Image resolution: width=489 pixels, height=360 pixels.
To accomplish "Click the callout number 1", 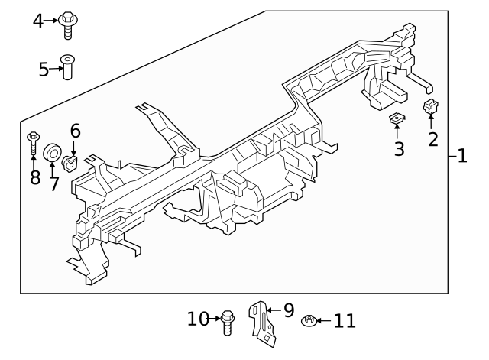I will (x=461, y=157).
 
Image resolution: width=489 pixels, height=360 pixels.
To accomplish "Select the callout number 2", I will (x=432, y=139).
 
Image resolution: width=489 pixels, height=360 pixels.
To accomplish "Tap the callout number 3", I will (x=399, y=148).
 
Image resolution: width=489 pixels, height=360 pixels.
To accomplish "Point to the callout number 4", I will (x=38, y=21).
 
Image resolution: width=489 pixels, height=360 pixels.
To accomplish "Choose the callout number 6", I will (x=75, y=131).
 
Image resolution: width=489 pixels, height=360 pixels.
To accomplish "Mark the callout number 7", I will (x=53, y=183).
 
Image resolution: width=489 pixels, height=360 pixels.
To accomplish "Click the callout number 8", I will (x=34, y=178).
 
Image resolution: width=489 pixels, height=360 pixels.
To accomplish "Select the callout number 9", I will (x=288, y=310).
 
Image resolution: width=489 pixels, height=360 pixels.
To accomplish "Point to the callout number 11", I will (x=345, y=320).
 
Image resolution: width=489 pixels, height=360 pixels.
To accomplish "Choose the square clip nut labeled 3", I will (x=397, y=118).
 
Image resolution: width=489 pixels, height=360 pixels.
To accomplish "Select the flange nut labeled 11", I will (x=309, y=321).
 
